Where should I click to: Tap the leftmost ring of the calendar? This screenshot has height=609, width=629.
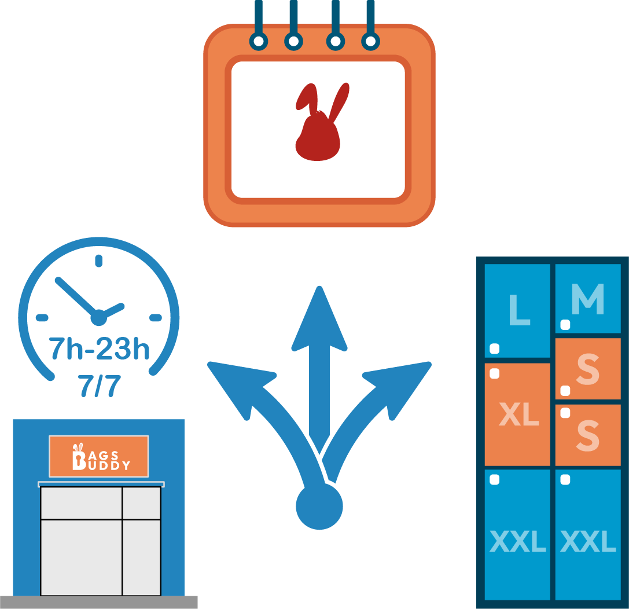point(259,41)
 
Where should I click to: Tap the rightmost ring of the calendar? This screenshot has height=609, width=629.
point(370,41)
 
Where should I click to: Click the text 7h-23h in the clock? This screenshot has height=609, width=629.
point(99,349)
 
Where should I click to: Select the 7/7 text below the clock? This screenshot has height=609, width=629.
point(98,386)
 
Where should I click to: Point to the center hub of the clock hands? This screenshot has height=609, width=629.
point(99,317)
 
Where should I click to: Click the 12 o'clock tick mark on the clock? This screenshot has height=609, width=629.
point(98,261)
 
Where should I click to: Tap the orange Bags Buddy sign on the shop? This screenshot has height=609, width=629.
point(99,456)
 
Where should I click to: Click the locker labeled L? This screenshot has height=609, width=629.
point(517,310)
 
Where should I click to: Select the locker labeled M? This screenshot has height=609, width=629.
point(588,299)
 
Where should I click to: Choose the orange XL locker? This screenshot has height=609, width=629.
point(517,414)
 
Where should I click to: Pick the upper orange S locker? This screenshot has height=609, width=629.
point(588,369)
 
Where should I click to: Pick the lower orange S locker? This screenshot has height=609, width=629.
point(588,435)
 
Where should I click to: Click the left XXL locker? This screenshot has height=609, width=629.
point(517,535)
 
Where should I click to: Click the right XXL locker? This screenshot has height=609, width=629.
point(588,535)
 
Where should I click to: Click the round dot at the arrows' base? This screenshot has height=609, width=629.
point(319,506)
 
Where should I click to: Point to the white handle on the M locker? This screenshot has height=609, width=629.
point(565,325)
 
